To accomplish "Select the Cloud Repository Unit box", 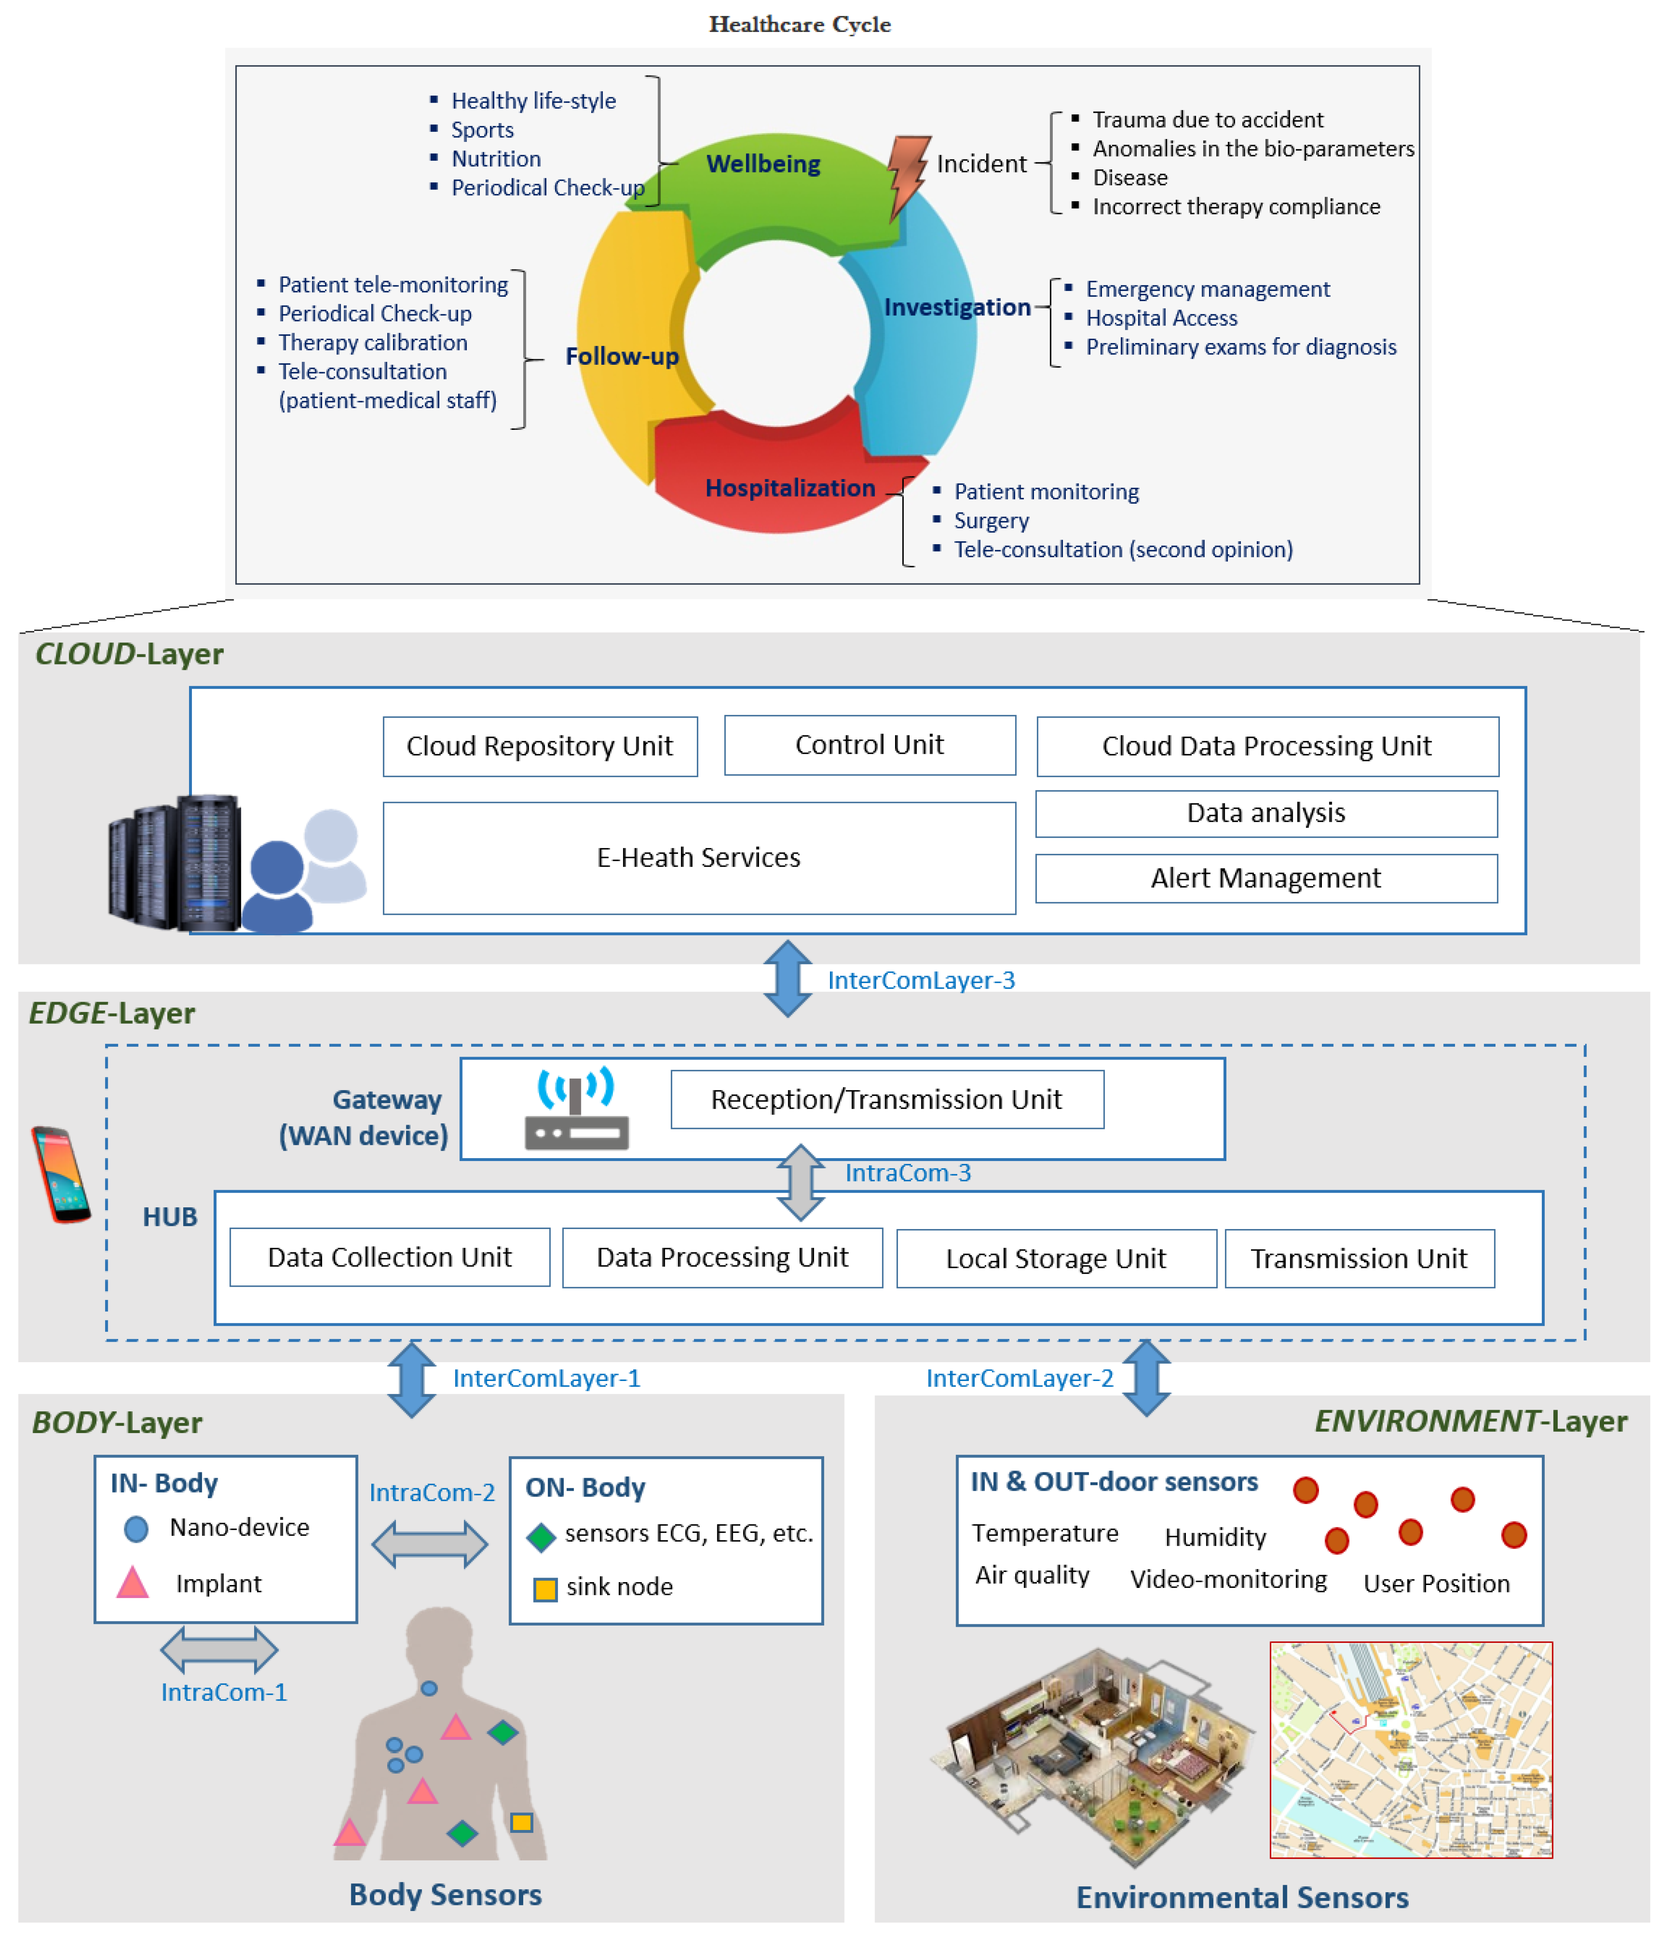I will click(540, 746).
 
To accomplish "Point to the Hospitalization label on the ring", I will click(789, 488).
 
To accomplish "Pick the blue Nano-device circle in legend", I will click(136, 1529).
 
